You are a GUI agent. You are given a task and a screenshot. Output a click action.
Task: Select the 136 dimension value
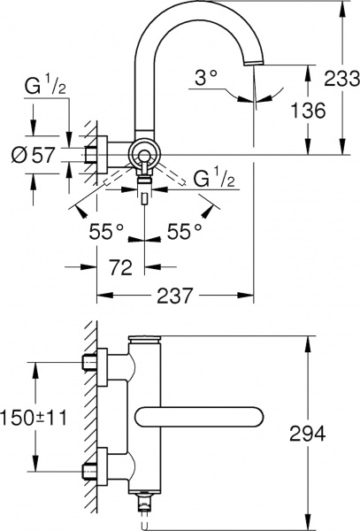pos(307,111)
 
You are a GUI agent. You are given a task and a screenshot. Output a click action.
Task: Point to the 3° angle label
pos(205,79)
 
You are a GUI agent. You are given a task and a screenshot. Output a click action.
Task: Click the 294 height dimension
pos(306,434)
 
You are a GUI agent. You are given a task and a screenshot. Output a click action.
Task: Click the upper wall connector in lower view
pos(99,362)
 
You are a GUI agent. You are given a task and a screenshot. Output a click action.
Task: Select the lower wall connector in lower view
pos(99,466)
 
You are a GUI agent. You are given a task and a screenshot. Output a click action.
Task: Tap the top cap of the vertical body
pos(144,339)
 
